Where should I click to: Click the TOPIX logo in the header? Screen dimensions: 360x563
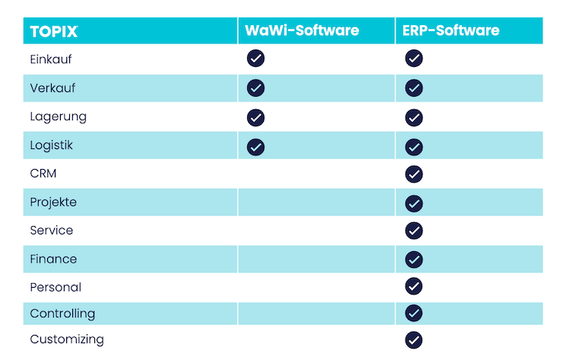[53, 31]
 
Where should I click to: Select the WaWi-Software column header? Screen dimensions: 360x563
[301, 31]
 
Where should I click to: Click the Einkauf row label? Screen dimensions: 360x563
[51, 59]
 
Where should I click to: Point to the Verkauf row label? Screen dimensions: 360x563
[52, 88]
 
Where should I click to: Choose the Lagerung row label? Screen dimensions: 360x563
[58, 116]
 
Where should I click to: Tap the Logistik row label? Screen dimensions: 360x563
[52, 145]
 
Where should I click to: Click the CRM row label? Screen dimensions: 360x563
[43, 174]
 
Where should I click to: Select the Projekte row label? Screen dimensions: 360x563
[53, 202]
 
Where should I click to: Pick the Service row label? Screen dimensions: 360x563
[52, 230]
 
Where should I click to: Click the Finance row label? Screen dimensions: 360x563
[53, 259]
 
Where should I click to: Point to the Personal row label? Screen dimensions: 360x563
[56, 287]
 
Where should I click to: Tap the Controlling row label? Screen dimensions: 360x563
[62, 314]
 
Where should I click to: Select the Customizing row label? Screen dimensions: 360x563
[67, 339]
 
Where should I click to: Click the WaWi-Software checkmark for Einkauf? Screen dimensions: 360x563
[256, 59]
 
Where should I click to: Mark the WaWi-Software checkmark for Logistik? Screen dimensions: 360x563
[256, 146]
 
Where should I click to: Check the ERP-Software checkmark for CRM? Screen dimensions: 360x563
[414, 174]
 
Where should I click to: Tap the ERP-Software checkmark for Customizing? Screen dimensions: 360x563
[414, 340]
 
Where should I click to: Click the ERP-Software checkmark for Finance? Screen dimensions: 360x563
[414, 260]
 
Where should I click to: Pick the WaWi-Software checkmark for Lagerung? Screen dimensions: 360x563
[256, 117]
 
